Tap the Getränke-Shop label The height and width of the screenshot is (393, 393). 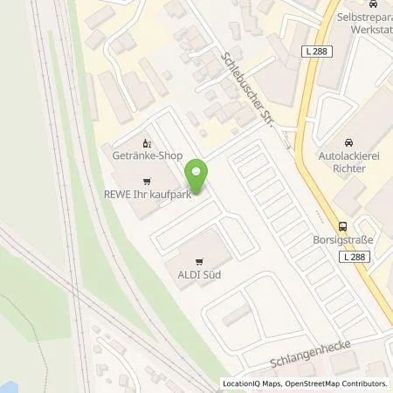[147, 155]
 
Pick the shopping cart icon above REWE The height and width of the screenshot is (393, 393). [134, 182]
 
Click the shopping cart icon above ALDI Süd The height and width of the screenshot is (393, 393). [200, 259]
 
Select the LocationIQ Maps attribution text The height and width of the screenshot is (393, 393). [254, 383]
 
